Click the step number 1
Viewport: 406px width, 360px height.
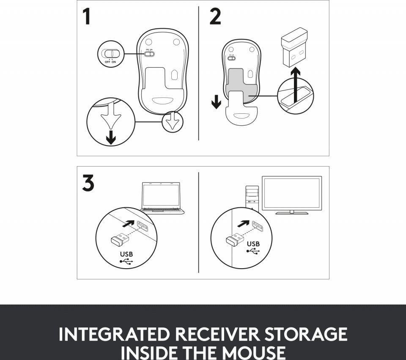(x=86, y=17)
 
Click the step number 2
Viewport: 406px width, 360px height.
(x=215, y=17)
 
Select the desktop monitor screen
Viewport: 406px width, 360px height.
(x=292, y=193)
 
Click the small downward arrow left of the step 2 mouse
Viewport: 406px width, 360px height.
(x=216, y=102)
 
